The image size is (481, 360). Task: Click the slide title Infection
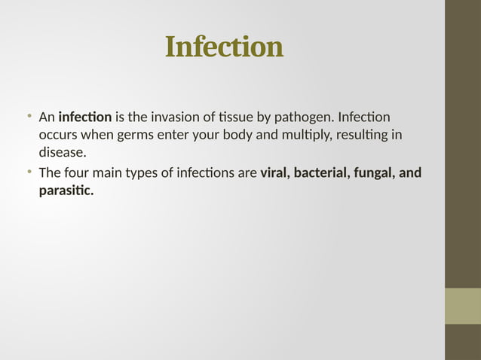click(x=224, y=47)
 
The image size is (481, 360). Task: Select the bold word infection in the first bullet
click(x=85, y=117)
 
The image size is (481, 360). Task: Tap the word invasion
click(x=175, y=117)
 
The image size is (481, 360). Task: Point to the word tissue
click(x=234, y=117)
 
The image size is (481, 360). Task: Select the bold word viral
click(x=275, y=173)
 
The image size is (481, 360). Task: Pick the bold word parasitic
click(x=66, y=191)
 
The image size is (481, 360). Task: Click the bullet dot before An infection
click(x=29, y=117)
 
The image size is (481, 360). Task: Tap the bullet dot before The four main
click(x=29, y=172)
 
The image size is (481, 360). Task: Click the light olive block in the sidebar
click(x=462, y=306)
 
